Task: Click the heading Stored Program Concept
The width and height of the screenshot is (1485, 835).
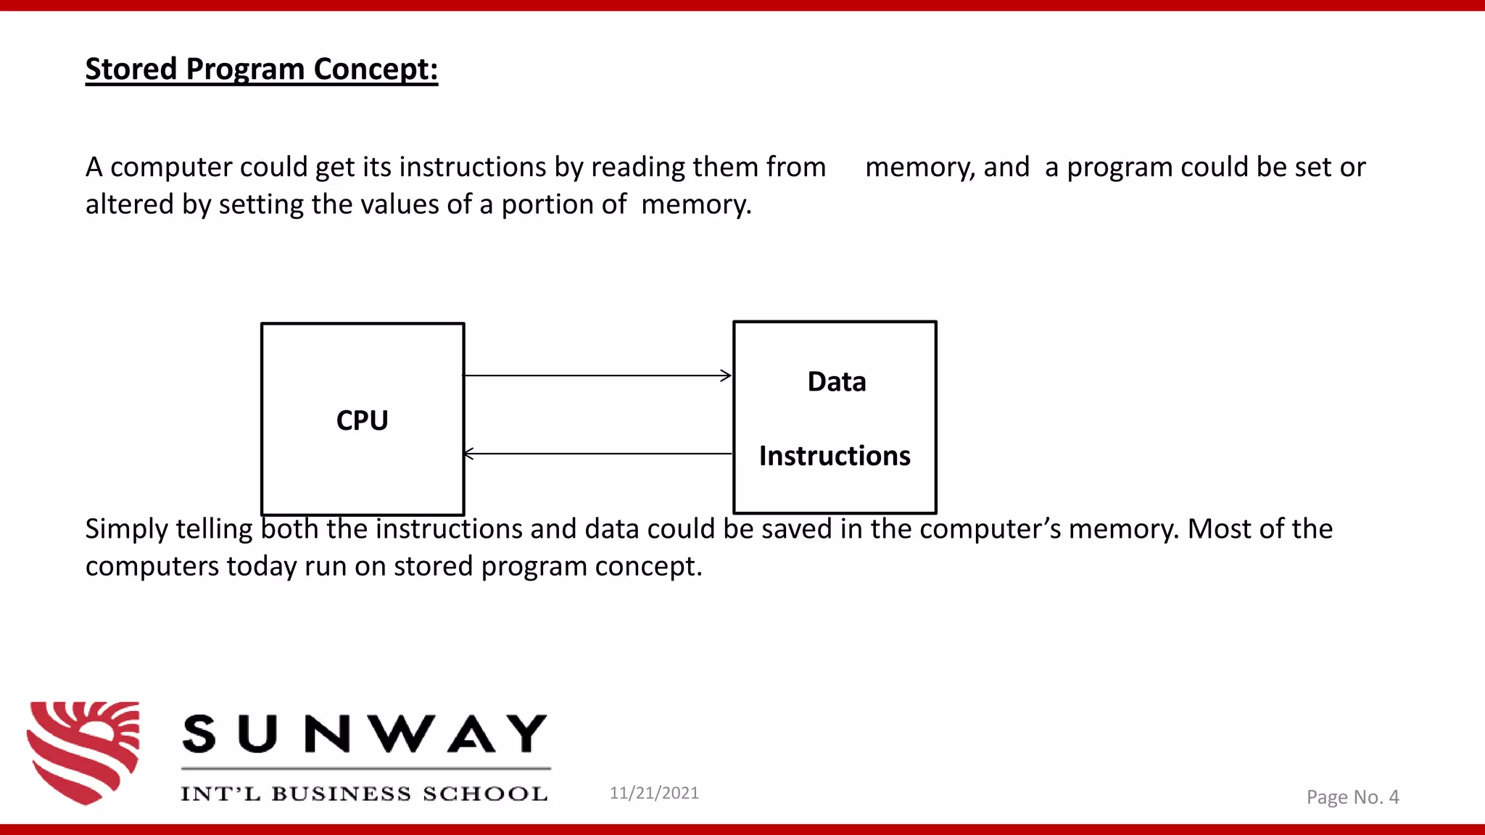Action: pyautogui.click(x=261, y=70)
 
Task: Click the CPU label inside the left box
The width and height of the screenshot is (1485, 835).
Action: pyautogui.click(x=362, y=420)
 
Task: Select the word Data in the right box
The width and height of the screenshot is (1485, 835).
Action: pyautogui.click(x=837, y=382)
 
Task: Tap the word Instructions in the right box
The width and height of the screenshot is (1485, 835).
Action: pyautogui.click(x=835, y=456)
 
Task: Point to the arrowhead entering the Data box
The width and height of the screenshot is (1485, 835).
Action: pyautogui.click(x=726, y=375)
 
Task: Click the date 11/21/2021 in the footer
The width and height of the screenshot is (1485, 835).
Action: pyautogui.click(x=654, y=793)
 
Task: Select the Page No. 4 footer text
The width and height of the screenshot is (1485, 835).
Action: pyautogui.click(x=1352, y=797)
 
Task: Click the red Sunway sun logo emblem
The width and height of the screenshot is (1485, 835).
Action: pyautogui.click(x=83, y=752)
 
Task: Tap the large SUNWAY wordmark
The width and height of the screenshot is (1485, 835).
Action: pyautogui.click(x=365, y=734)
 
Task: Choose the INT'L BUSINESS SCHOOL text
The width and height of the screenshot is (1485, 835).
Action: pyautogui.click(x=364, y=794)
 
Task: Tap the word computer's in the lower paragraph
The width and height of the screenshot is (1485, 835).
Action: pyautogui.click(x=990, y=529)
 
